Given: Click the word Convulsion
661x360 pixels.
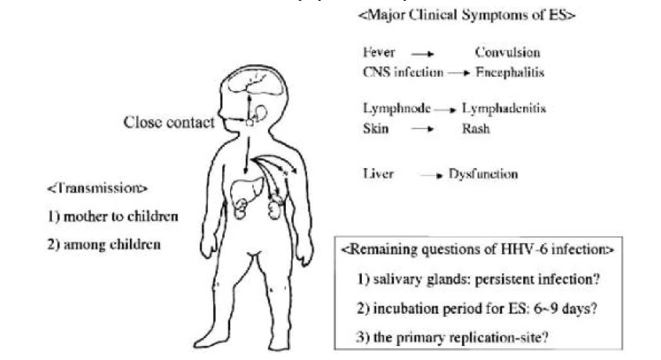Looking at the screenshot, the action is [507, 53].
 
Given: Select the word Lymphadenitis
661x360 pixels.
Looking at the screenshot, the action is [504, 110].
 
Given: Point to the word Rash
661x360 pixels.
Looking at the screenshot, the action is [475, 128].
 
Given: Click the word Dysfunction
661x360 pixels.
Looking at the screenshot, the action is [482, 174].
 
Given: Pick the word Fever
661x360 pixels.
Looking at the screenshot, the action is [379, 53].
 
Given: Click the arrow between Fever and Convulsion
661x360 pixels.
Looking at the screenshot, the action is [423, 54].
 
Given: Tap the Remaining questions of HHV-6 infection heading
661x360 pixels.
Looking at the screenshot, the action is [478, 250].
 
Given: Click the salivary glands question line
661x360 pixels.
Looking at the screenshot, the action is [479, 278].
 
